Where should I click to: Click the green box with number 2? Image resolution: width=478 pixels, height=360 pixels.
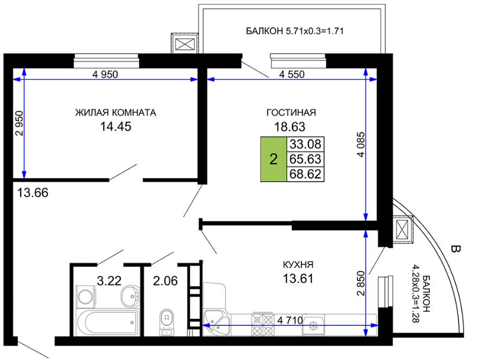[274, 159]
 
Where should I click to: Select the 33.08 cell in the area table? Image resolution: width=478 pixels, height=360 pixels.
[305, 144]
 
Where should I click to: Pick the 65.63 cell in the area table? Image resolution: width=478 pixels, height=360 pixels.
[305, 159]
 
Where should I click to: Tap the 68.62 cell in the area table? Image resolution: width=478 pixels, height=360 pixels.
[305, 174]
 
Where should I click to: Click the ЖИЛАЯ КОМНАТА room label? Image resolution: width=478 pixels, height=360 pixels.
[115, 113]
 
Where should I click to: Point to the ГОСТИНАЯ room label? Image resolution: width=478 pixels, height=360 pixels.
[291, 113]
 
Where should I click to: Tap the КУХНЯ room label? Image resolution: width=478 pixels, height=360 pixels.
[298, 265]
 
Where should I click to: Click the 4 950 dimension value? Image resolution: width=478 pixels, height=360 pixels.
[105, 74]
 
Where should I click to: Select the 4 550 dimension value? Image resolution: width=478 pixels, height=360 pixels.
[292, 74]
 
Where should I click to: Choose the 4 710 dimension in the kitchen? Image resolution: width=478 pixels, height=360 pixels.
[290, 320]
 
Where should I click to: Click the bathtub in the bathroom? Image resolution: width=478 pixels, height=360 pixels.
[108, 323]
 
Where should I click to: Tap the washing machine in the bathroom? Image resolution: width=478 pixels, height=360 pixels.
[86, 296]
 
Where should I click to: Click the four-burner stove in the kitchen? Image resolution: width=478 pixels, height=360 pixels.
[262, 325]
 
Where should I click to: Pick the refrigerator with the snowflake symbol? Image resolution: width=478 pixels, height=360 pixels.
[313, 325]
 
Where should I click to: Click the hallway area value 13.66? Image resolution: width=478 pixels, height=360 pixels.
[33, 193]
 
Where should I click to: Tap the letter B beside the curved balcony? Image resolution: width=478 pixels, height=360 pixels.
[455, 249]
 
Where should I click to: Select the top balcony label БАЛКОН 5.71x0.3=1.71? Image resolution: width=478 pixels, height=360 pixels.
[295, 31]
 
